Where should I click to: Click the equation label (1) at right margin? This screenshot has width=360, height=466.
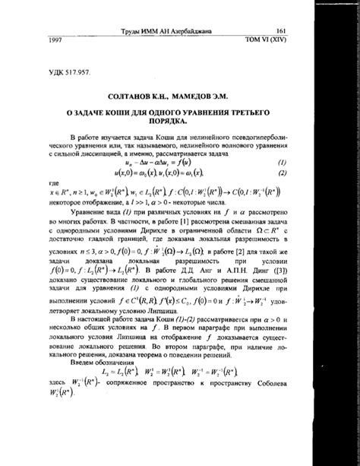tap(283, 163)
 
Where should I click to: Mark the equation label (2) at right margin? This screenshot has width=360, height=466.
tap(283, 173)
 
